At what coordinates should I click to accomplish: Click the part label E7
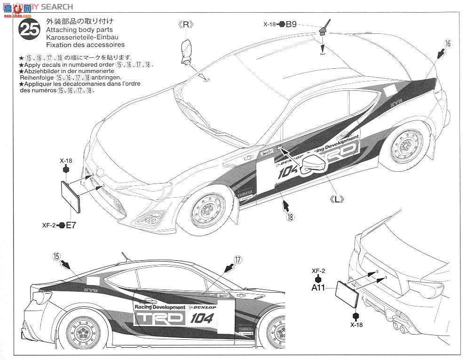71,225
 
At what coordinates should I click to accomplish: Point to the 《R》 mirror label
186,25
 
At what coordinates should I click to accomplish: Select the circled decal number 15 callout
56,256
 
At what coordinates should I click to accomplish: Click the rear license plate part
346,296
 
